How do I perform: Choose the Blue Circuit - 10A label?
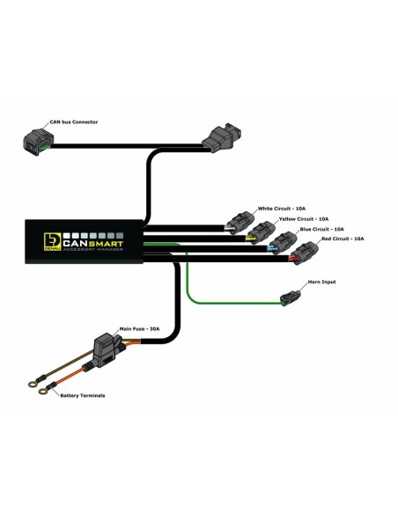tap(323, 228)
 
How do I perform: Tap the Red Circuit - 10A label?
tap(343, 239)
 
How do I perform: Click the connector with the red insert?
tap(304, 255)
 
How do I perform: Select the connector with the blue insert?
tap(282, 244)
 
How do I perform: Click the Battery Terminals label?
tap(82, 395)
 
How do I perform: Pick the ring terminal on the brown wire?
tap(33, 381)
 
